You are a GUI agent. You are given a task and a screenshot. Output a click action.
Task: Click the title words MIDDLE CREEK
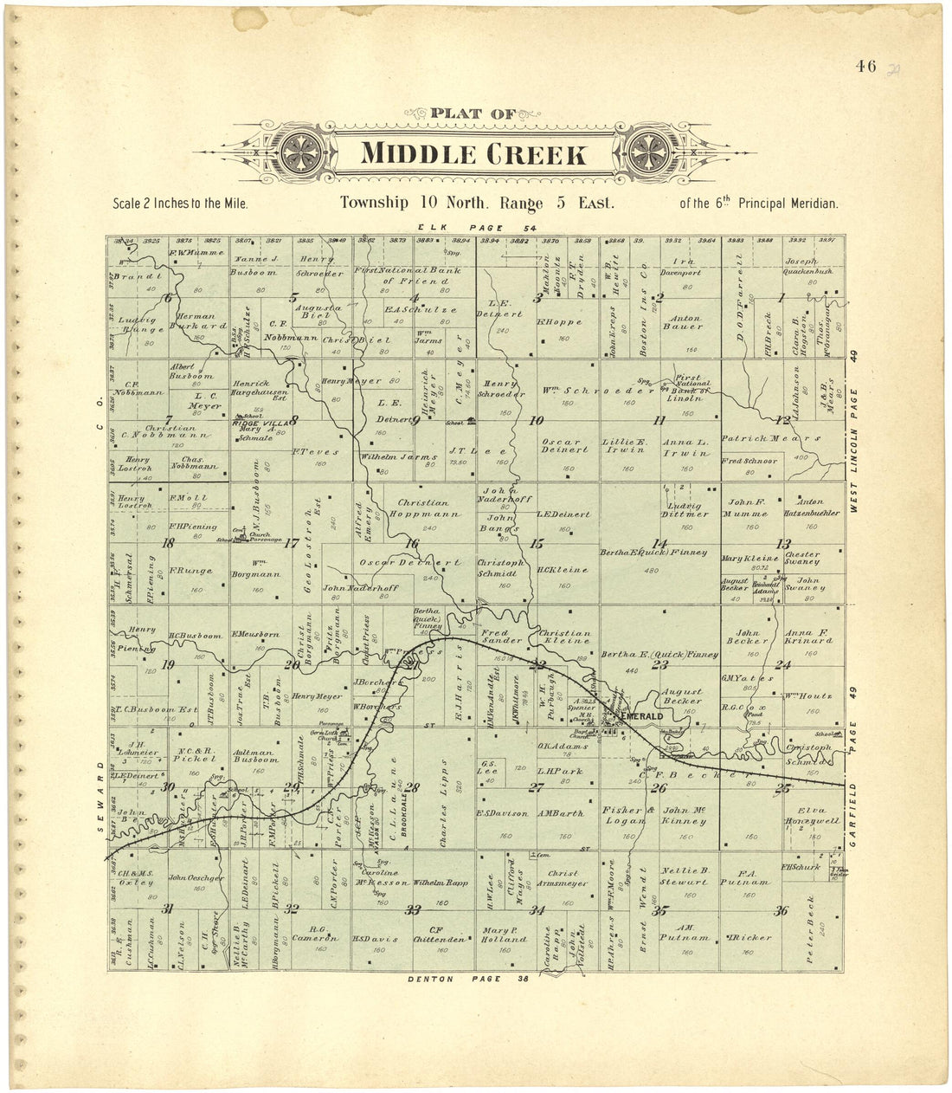[473, 155]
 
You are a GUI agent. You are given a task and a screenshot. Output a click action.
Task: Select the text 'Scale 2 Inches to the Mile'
[180, 204]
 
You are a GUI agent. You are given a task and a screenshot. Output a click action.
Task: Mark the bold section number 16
[412, 543]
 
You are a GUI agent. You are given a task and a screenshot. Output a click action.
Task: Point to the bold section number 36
[782, 910]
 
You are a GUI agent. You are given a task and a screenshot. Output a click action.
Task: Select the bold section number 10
[537, 421]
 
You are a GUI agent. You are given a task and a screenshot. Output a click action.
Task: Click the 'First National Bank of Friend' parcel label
[406, 275]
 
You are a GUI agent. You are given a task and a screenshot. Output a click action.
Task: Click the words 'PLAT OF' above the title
[473, 113]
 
